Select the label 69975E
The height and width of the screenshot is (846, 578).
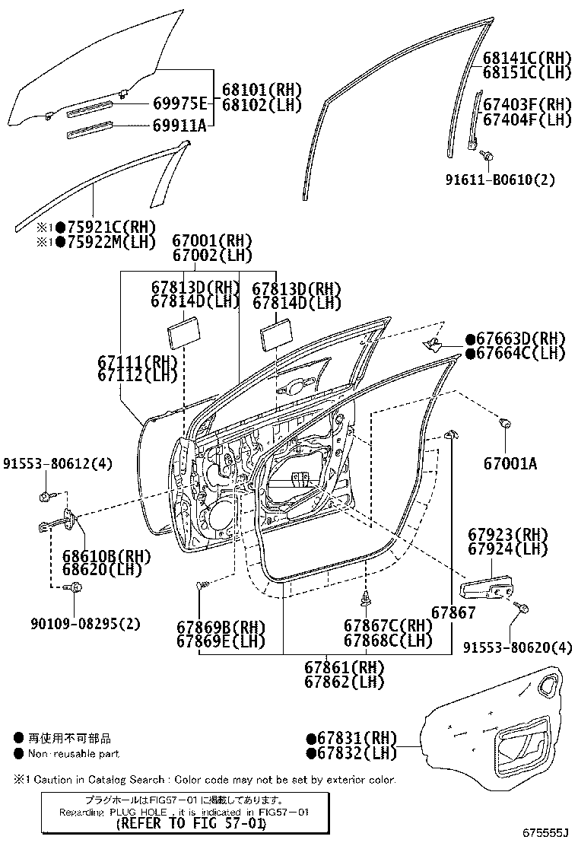click(179, 103)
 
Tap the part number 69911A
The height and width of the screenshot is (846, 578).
click(179, 126)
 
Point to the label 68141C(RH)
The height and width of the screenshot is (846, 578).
click(527, 57)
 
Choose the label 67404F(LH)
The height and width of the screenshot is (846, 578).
click(527, 119)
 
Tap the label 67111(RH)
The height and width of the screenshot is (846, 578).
click(138, 361)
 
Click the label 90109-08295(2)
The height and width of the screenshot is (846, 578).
click(86, 624)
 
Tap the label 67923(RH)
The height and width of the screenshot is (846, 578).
click(508, 535)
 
